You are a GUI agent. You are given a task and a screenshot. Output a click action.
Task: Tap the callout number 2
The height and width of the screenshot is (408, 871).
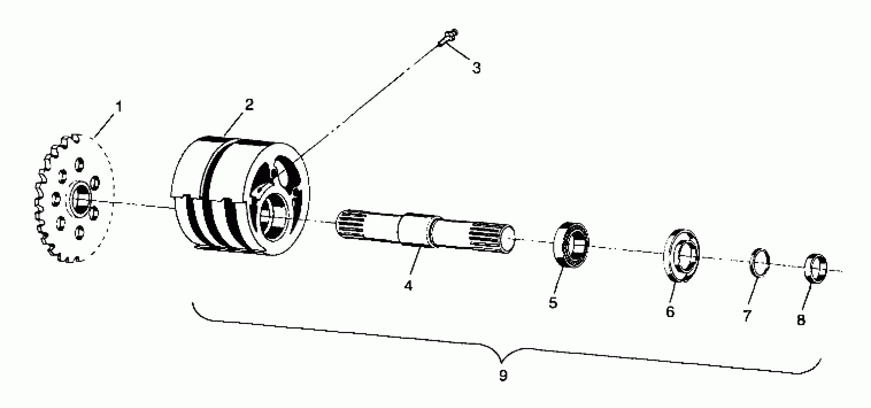(x=249, y=105)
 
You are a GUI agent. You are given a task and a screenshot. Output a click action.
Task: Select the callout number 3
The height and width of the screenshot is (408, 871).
(x=476, y=68)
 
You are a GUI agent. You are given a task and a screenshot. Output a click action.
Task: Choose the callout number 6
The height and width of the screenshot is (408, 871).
(x=670, y=311)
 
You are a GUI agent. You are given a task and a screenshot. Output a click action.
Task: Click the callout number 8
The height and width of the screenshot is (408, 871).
(x=801, y=320)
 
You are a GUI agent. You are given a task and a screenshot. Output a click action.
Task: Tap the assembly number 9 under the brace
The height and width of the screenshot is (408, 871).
(x=503, y=375)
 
